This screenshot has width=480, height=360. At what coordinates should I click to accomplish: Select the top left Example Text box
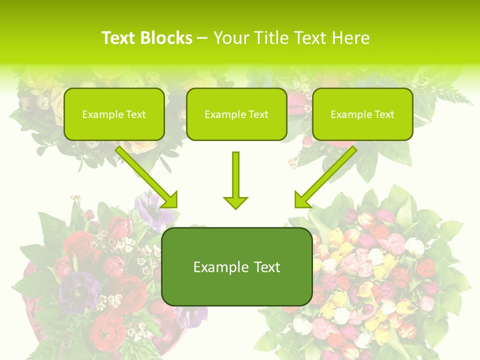point(114,114)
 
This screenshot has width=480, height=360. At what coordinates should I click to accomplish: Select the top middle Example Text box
point(236,114)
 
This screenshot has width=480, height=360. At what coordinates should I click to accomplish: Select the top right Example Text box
point(362,114)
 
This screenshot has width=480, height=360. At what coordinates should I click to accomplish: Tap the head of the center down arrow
point(235,201)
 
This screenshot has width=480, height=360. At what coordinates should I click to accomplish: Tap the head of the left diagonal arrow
point(170,200)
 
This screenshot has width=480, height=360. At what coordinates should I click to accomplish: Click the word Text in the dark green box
point(264,267)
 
